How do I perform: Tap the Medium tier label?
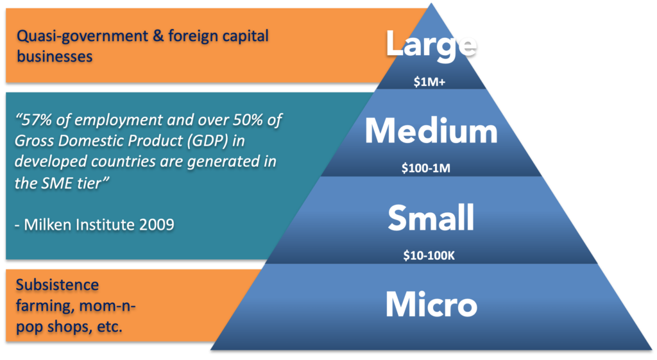[431, 131]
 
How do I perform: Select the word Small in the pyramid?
[431, 218]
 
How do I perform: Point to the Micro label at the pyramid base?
[431, 304]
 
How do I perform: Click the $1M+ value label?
[429, 81]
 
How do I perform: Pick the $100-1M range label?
[426, 168]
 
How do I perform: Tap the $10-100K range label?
[429, 255]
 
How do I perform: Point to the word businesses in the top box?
[55, 56]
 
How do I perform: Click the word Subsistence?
[57, 285]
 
